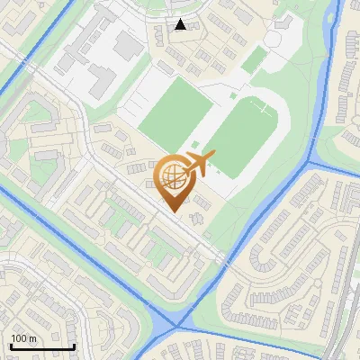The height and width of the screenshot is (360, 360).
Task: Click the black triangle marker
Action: coord(181,24)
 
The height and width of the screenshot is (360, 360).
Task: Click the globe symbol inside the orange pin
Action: coord(171,175)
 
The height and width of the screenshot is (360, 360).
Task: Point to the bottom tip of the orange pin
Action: coord(172,212)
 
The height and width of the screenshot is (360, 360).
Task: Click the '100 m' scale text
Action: coord(23,338)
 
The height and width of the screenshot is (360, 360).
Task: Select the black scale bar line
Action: coord(41,346)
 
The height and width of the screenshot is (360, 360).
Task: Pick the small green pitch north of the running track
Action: coord(256,58)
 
